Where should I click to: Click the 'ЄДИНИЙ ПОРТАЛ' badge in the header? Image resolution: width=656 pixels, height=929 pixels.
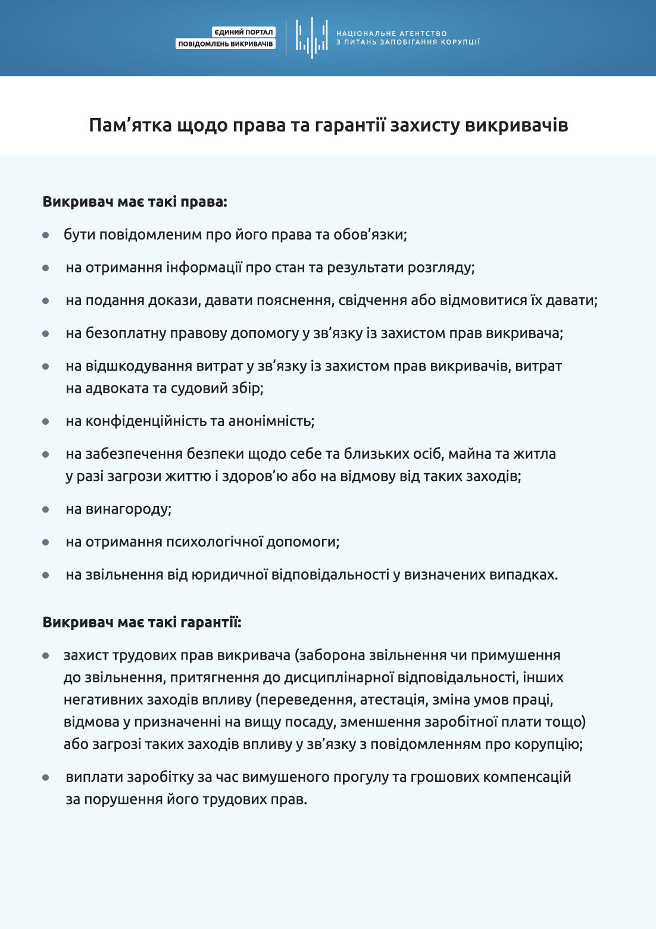(243, 32)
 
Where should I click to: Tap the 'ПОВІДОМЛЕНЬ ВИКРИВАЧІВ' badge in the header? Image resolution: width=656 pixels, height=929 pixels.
(226, 44)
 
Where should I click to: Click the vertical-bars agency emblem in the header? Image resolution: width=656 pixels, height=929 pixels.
(311, 38)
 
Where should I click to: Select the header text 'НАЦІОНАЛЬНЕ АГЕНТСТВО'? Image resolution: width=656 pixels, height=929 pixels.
(391, 33)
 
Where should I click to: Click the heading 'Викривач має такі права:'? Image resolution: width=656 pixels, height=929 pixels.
(135, 201)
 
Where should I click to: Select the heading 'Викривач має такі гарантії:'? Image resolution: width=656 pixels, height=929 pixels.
(142, 622)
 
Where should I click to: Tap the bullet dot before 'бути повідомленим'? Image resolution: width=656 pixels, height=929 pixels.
(46, 235)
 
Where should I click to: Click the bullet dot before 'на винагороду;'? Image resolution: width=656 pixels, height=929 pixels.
(46, 510)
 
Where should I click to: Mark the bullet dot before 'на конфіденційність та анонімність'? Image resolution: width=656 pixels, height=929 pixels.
(46, 422)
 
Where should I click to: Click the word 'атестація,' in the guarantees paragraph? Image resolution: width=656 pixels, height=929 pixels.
(394, 700)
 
